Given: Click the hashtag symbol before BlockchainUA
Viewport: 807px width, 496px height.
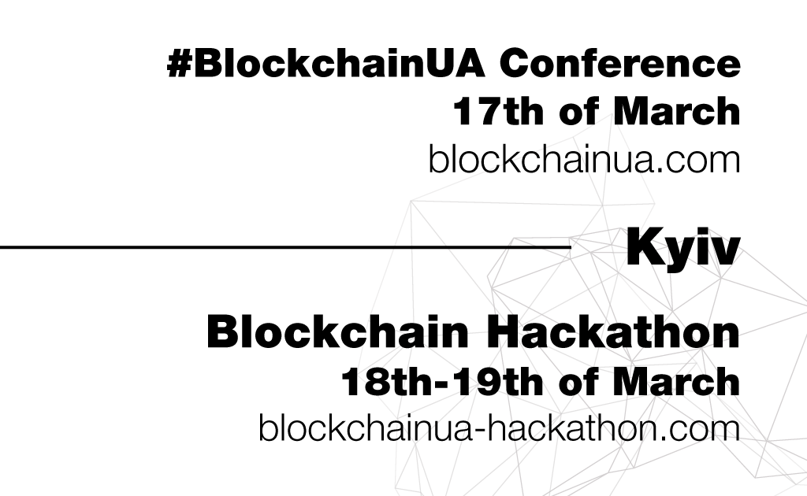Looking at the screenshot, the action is [180, 63].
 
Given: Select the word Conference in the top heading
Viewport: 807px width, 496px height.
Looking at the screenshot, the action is [619, 63].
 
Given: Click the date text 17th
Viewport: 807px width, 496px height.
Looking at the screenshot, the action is [498, 110].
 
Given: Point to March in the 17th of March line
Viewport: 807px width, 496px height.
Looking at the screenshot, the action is [677, 110].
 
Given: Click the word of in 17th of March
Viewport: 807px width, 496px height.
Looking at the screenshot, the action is [578, 110].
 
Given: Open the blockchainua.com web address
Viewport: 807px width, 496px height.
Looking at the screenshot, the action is [584, 159].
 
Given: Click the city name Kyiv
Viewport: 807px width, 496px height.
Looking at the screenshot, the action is [683, 246].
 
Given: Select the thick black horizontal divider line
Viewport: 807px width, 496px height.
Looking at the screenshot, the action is [285, 247].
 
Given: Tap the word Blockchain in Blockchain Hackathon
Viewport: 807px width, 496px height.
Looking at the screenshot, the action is [337, 332].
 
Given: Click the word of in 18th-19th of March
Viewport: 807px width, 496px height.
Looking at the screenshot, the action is [578, 382].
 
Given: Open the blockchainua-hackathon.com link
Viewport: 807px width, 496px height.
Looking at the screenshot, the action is [499, 428].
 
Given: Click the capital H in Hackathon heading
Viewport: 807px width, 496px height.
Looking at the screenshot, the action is [502, 332].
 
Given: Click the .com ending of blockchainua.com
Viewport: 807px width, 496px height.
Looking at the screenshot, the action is [697, 163].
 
